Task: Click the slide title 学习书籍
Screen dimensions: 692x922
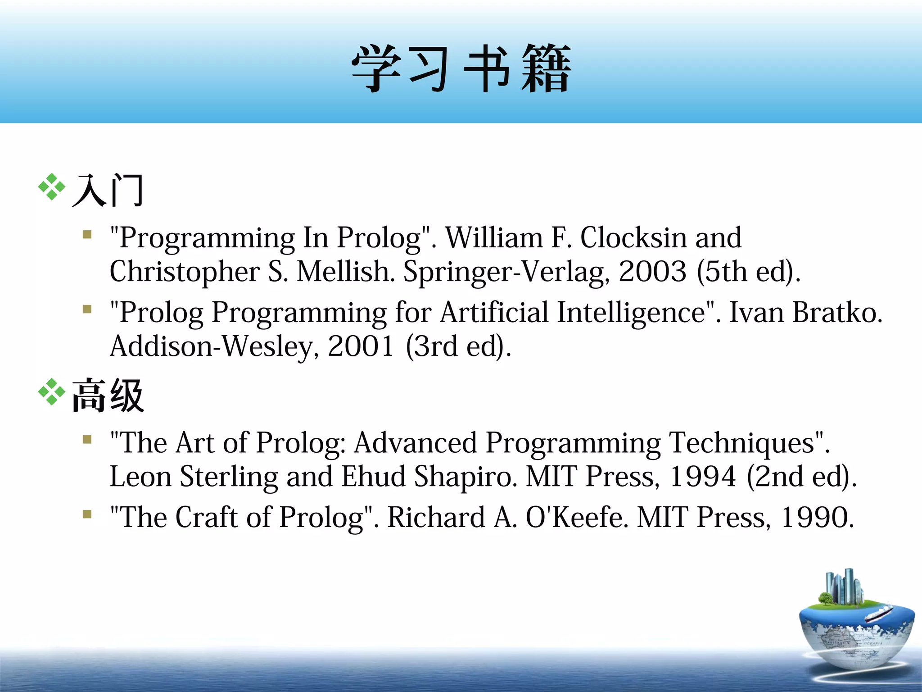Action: click(461, 68)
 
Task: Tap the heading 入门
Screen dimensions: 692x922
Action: click(108, 191)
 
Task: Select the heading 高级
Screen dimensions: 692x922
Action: click(108, 396)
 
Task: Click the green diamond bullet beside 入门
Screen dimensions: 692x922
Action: click(52, 187)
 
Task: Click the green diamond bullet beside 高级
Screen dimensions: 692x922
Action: click(52, 392)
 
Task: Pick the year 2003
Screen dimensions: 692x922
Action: click(652, 271)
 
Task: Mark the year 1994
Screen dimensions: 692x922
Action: click(703, 477)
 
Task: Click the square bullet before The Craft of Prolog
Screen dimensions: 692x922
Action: click(87, 514)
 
